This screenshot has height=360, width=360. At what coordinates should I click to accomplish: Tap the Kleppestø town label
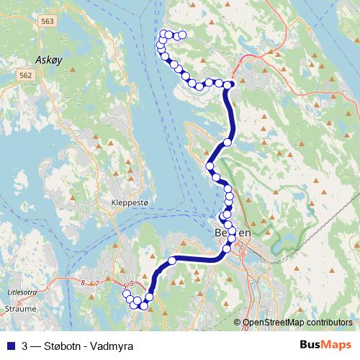pos(130,204)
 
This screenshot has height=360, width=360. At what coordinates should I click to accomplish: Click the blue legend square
pos(10,345)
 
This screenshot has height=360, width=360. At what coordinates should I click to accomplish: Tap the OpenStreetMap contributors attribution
pos(297,323)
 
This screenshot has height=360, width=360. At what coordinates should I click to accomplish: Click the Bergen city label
pos(233,233)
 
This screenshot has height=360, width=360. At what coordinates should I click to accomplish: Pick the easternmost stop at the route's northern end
pos(182,35)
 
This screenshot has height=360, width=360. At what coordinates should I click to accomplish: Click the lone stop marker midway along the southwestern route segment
pos(172,260)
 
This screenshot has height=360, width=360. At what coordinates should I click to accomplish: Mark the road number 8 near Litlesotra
pos(84,282)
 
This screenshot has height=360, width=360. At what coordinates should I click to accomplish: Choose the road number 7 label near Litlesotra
pos(98,283)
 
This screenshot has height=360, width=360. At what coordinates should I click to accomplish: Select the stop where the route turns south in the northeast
pos(229,85)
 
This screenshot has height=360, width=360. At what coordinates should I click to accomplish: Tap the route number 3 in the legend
pos(25,345)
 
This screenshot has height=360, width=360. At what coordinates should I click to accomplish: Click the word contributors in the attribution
pos(328,323)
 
